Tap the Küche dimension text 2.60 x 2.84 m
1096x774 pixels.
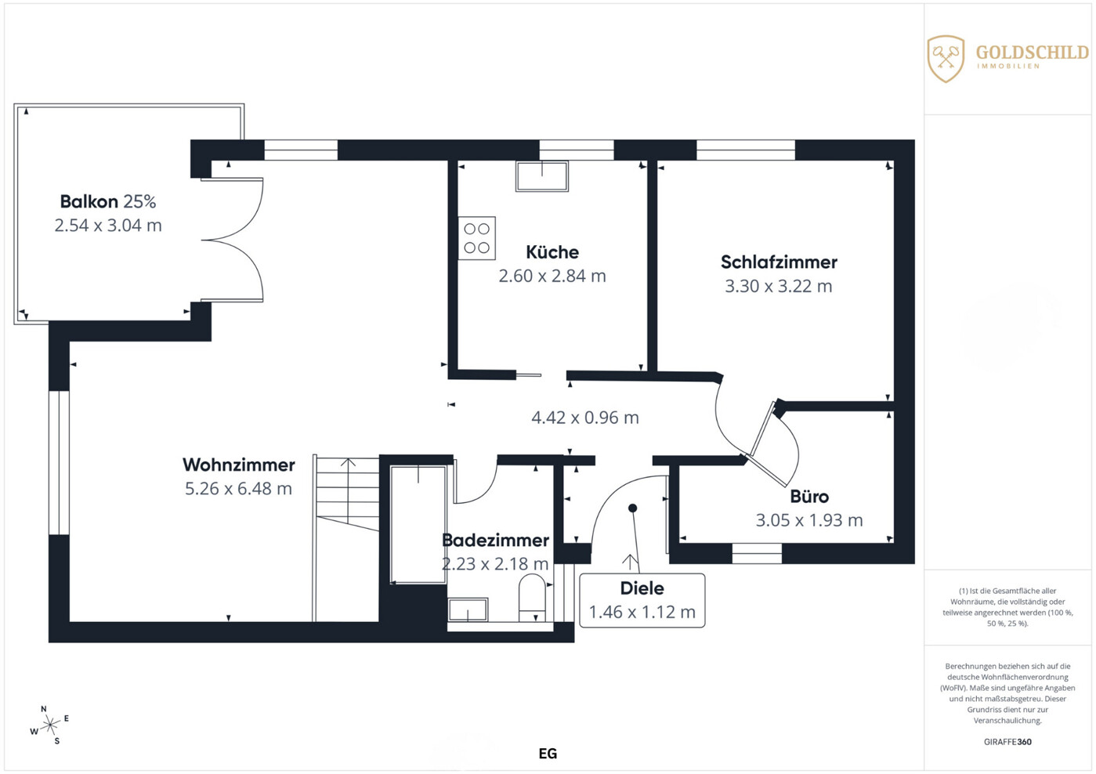[x=552, y=276]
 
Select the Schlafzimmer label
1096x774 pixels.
[x=779, y=262]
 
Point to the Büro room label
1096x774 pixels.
[x=809, y=497]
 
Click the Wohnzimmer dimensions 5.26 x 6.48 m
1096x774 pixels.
[x=238, y=489]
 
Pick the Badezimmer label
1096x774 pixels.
[x=495, y=540]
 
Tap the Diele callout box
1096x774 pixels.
[x=642, y=600]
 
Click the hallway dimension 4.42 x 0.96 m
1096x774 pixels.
[x=585, y=418]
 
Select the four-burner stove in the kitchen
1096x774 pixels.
[x=476, y=238]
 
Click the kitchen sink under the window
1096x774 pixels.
[x=541, y=176]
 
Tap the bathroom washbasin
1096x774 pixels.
[x=468, y=610]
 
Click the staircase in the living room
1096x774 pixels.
[x=346, y=538]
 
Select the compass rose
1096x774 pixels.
[x=49, y=725]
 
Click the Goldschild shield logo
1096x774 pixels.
[x=946, y=59]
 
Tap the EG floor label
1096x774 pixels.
[x=548, y=754]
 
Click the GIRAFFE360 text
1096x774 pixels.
[x=1007, y=742]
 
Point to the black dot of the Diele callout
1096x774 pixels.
[x=633, y=508]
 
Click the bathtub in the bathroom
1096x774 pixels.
[x=418, y=524]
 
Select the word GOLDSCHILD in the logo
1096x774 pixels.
[x=1033, y=52]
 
